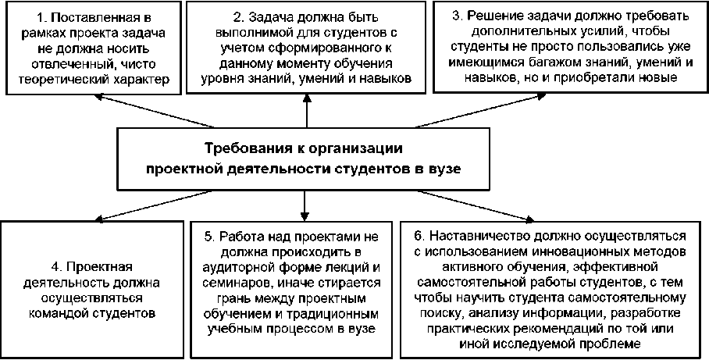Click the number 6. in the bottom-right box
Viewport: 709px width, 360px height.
419,235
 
